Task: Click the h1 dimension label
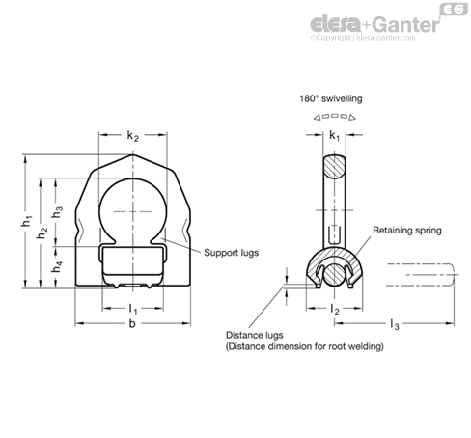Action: click(x=27, y=221)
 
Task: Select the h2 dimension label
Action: click(x=42, y=233)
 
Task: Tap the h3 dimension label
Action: click(x=57, y=211)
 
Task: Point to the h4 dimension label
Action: click(x=57, y=266)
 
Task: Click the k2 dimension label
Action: click(x=132, y=136)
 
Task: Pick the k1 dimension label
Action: click(x=334, y=136)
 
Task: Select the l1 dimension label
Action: click(x=133, y=309)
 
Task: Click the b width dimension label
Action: click(x=132, y=323)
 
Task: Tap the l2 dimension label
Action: click(x=335, y=309)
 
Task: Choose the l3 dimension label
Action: click(x=395, y=324)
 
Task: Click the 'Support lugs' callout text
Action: click(x=231, y=253)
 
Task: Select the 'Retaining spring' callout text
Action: click(x=407, y=231)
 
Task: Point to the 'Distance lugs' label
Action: click(x=254, y=335)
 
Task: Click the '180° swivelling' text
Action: click(x=331, y=98)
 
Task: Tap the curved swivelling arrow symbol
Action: click(x=335, y=117)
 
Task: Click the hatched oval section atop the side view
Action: click(x=334, y=167)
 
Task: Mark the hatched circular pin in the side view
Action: click(x=334, y=274)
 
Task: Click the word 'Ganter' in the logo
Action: click(x=407, y=24)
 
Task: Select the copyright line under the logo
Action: click(x=363, y=38)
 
